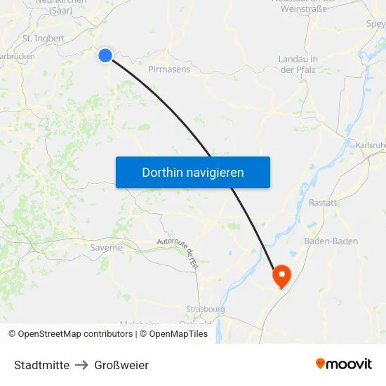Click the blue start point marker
pyautogui.click(x=105, y=55)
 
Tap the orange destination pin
pyautogui.click(x=281, y=275)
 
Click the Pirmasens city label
pyautogui.click(x=169, y=69)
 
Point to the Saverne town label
pyautogui.click(x=107, y=247)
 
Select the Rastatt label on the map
pyautogui.click(x=323, y=203)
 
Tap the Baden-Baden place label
pyautogui.click(x=331, y=241)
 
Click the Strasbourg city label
pyautogui.click(x=205, y=309)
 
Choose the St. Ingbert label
pyautogui.click(x=44, y=39)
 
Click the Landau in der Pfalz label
pyautogui.click(x=298, y=64)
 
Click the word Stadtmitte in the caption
pyautogui.click(x=41, y=365)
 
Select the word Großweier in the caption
pyautogui.click(x=121, y=365)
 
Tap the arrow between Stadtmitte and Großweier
pyautogui.click(x=82, y=365)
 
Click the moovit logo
pyautogui.click(x=344, y=364)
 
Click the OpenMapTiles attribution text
pyautogui.click(x=173, y=334)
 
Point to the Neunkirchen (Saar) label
pyautogui.click(x=61, y=6)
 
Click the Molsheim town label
pyautogui.click(x=139, y=324)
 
